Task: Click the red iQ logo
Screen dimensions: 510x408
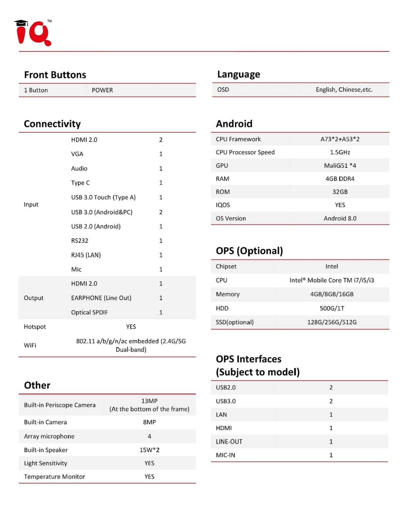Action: point(33,33)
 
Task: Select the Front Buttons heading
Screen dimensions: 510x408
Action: point(55,75)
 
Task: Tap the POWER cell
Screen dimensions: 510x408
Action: point(102,90)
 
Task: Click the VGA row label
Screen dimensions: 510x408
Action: point(77,154)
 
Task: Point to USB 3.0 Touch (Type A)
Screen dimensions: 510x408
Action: point(103,197)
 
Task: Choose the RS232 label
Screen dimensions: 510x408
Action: point(80,241)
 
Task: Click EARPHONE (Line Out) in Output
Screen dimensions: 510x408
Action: point(101,298)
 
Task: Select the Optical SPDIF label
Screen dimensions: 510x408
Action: point(90,312)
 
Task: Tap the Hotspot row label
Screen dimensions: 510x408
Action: point(35,327)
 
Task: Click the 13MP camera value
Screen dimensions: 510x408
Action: point(149,401)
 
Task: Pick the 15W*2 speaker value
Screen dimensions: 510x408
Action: point(149,450)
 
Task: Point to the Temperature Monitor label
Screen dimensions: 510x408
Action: point(54,476)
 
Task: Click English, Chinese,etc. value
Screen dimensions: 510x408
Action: point(344,89)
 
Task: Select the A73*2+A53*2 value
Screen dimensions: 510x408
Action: point(340,139)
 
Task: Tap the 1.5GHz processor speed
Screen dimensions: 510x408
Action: point(340,152)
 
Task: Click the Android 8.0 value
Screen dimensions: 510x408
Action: point(340,218)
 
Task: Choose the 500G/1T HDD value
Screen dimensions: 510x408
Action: point(332,308)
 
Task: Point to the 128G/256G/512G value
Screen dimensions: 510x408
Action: point(332,322)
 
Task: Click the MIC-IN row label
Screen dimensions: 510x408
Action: point(225,455)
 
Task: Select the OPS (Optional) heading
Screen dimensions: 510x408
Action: point(249,251)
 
